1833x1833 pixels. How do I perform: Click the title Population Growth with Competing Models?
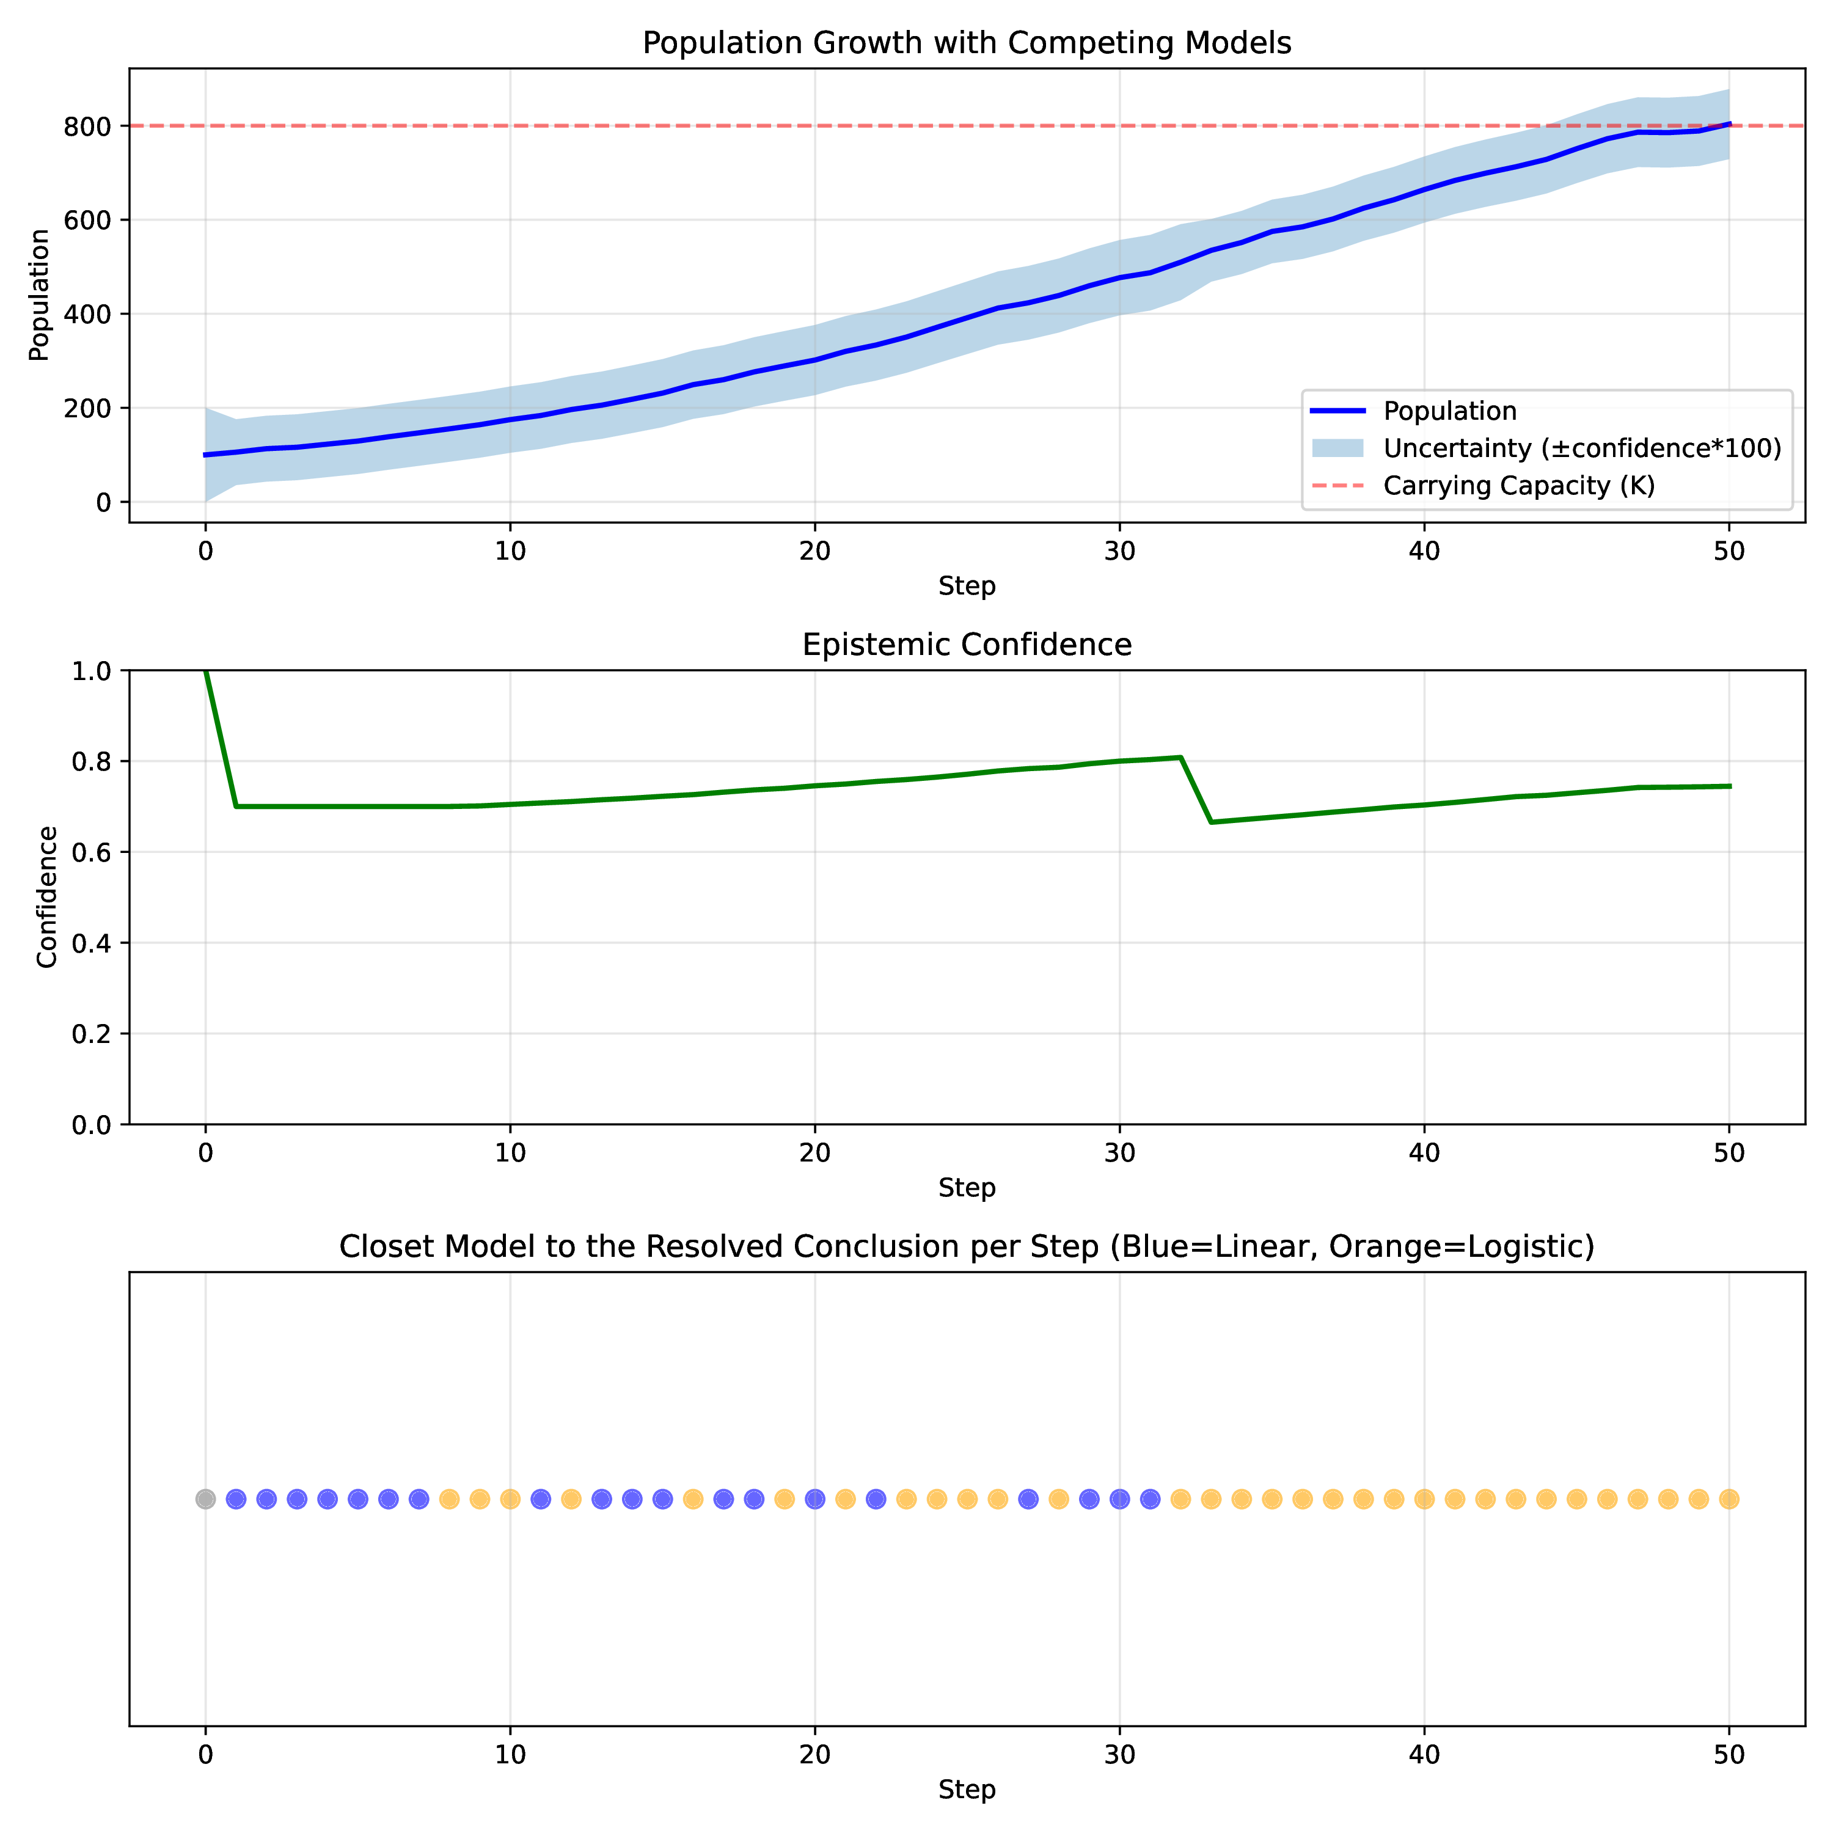(967, 43)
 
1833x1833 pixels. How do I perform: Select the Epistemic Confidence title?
(967, 645)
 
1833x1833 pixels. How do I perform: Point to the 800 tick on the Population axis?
(87, 126)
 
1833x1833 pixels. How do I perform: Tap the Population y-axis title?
(39, 295)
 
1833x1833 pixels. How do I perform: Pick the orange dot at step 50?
(1729, 1499)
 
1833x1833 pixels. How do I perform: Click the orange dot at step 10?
(510, 1499)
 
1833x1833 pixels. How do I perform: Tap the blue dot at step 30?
(1119, 1499)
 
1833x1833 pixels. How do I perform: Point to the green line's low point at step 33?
(1212, 822)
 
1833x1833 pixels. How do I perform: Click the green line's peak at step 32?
(1180, 757)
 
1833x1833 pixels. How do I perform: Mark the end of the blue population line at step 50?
(1730, 124)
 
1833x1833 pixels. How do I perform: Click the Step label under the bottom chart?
(967, 1790)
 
